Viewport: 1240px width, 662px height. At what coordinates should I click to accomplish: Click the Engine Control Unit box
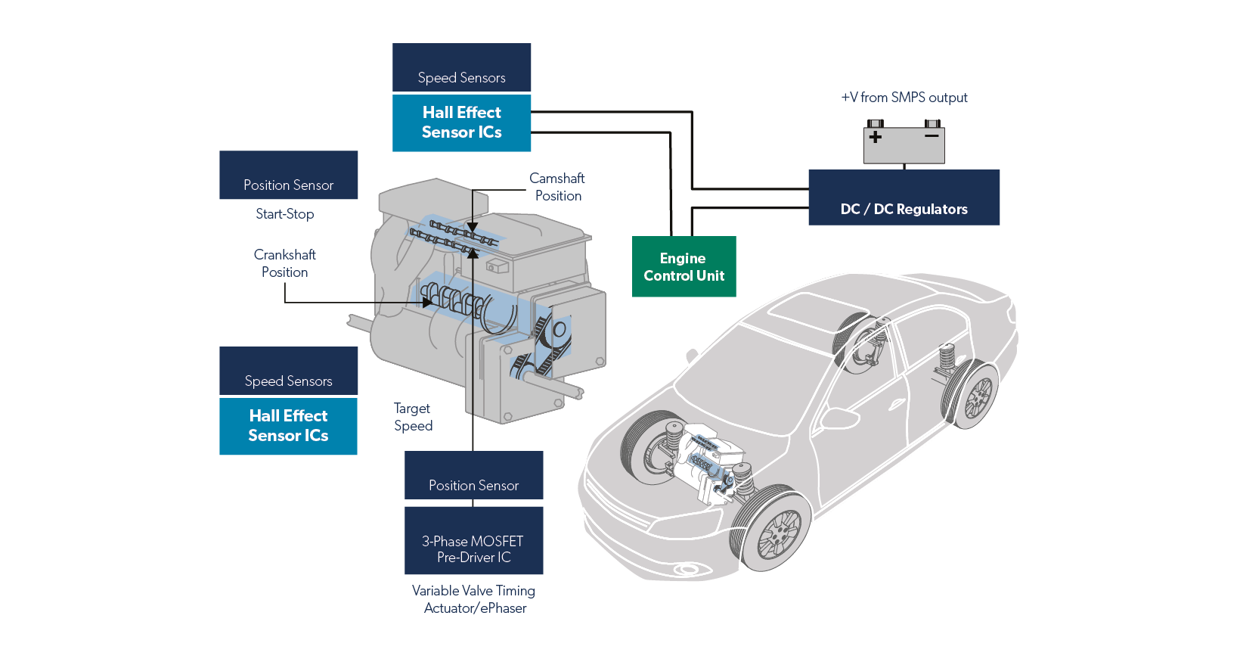pos(684,266)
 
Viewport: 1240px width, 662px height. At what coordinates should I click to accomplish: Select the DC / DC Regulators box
pos(904,197)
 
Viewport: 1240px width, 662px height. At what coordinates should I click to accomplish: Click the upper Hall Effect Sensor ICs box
pos(461,123)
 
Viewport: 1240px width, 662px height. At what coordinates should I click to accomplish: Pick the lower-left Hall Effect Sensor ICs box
pos(288,426)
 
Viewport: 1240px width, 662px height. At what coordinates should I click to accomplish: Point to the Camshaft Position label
pos(557,187)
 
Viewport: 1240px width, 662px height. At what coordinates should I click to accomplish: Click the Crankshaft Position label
pos(285,263)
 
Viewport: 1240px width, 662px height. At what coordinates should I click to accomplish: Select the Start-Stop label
pos(285,214)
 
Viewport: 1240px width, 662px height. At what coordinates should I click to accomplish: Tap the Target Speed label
pos(413,417)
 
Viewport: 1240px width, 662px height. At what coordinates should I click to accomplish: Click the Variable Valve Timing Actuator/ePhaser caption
pos(474,599)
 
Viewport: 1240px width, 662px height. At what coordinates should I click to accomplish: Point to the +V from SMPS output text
pos(904,98)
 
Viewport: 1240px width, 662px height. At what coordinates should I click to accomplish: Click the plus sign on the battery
pos(876,137)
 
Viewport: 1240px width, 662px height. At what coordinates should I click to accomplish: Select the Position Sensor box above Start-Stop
pos(288,176)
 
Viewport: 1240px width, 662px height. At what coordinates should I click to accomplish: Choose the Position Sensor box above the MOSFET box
pos(473,475)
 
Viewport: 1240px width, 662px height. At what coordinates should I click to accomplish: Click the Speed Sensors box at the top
pos(461,67)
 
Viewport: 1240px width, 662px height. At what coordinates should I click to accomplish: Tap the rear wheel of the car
pos(977,396)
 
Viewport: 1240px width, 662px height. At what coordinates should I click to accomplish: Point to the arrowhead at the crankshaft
pos(427,303)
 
